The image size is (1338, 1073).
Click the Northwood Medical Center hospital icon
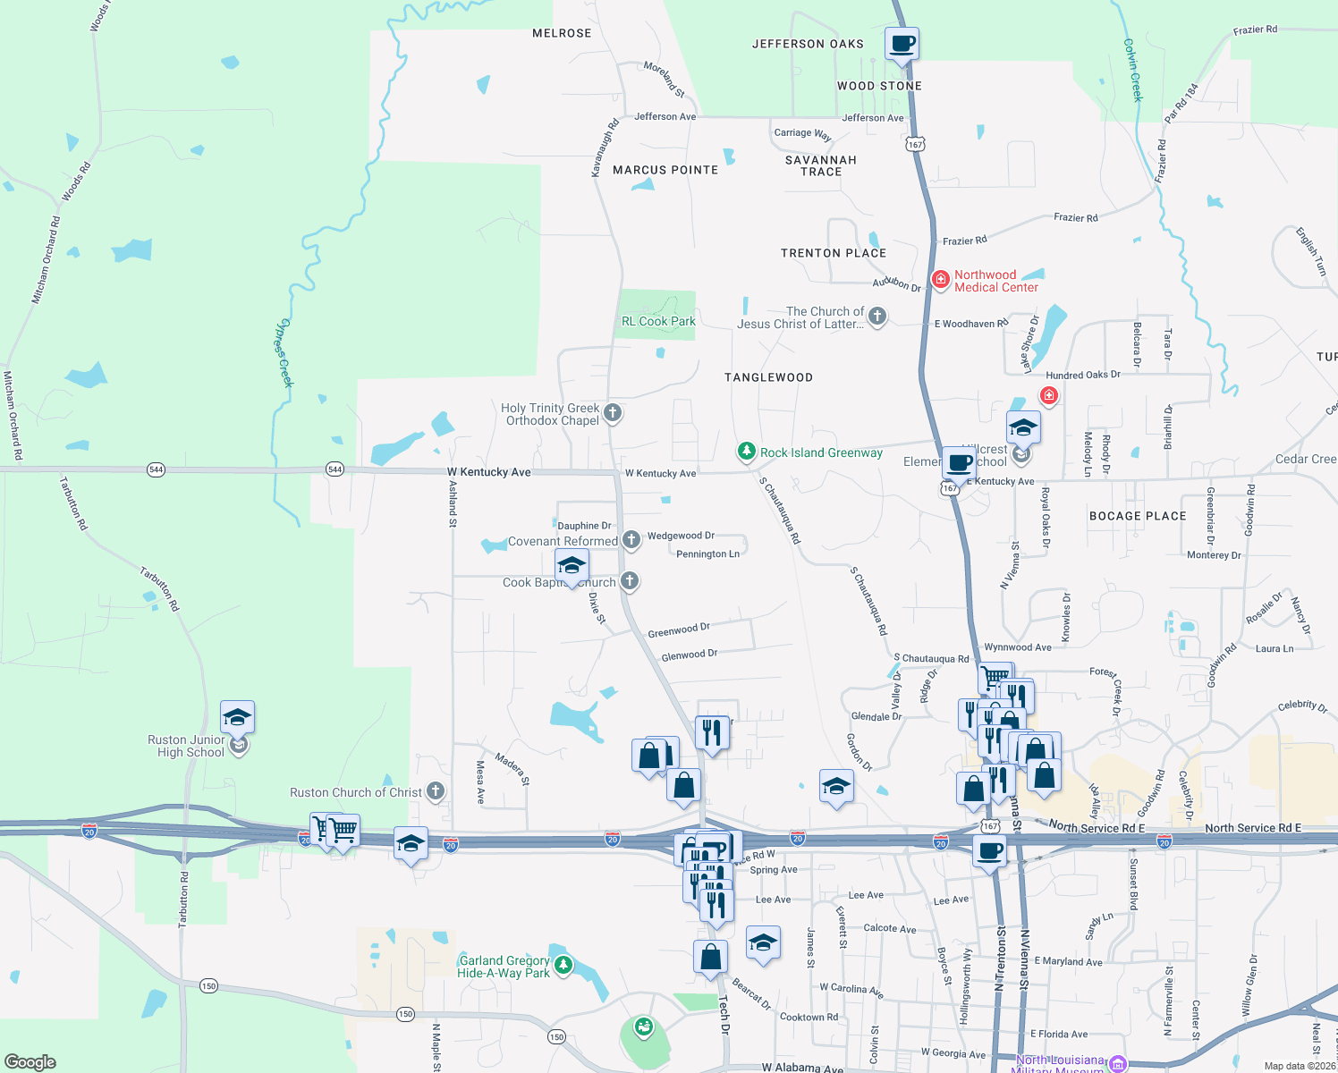(940, 280)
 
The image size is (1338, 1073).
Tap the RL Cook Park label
(658, 321)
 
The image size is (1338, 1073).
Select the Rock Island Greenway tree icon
(746, 452)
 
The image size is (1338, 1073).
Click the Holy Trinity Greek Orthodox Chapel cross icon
(613, 413)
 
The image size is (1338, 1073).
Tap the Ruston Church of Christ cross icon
(436, 790)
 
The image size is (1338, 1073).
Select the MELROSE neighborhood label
(562, 33)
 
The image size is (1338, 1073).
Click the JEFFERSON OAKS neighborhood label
(808, 44)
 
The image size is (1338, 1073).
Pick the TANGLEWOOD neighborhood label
(768, 377)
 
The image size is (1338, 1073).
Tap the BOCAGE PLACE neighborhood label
(1138, 516)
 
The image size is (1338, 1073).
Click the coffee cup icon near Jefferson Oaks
(902, 43)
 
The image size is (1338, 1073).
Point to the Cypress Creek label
(284, 352)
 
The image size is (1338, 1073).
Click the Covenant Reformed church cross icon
(631, 539)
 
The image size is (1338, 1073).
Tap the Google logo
(30, 1061)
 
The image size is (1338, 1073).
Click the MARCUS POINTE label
(665, 170)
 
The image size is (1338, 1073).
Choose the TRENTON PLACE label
(834, 253)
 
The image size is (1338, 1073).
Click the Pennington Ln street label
(707, 554)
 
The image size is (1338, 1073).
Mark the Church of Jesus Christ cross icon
(877, 316)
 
